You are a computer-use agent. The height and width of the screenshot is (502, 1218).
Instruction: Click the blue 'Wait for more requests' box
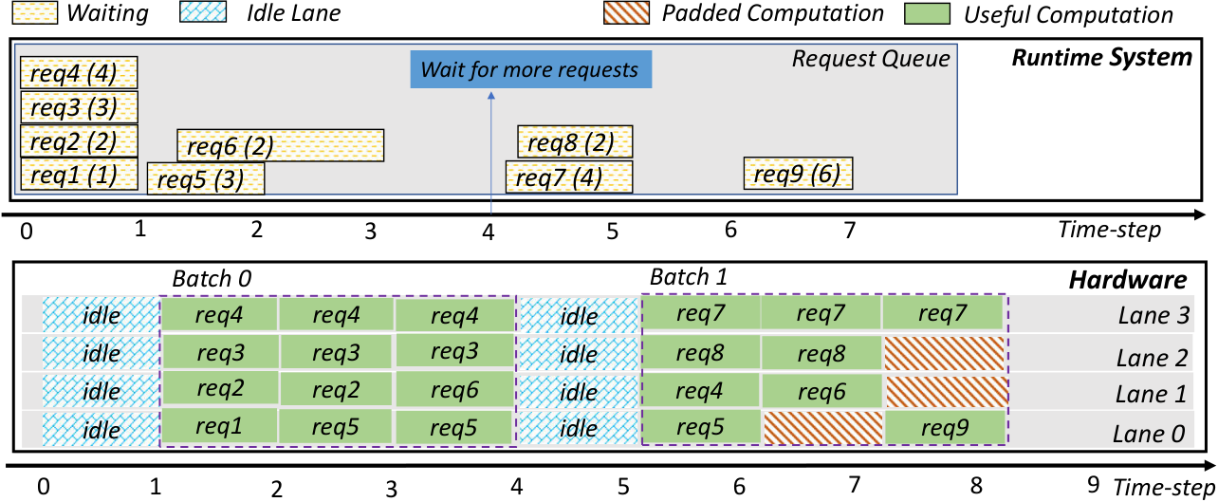(x=530, y=69)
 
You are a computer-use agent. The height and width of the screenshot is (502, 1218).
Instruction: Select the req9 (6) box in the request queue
(x=798, y=174)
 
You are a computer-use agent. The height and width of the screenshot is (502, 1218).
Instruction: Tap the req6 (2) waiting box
(x=280, y=145)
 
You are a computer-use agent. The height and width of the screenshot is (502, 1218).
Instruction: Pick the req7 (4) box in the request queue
(x=569, y=177)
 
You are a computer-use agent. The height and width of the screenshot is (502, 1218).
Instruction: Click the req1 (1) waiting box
(x=79, y=175)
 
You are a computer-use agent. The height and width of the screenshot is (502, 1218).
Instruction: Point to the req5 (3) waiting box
(x=206, y=178)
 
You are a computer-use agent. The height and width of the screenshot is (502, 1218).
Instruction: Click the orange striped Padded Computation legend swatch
(x=626, y=13)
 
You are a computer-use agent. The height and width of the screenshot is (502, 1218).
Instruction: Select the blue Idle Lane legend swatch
(x=203, y=12)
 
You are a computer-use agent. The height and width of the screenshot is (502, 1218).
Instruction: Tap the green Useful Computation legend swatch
(x=927, y=13)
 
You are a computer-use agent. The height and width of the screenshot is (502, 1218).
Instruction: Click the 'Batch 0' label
(x=212, y=279)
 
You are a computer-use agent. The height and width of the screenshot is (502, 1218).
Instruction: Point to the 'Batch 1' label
(x=689, y=277)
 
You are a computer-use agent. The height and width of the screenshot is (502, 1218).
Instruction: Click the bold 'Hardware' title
(x=1128, y=280)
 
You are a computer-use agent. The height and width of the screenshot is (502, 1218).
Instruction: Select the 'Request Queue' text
(x=871, y=59)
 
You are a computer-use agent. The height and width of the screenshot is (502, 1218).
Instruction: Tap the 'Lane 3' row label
(x=1153, y=315)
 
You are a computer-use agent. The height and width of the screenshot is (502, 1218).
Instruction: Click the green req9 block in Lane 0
(x=945, y=427)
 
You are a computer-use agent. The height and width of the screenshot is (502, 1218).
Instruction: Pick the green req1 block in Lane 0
(x=219, y=426)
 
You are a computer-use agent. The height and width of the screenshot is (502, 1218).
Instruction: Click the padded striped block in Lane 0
(x=822, y=428)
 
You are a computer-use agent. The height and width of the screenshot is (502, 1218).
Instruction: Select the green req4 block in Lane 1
(x=700, y=391)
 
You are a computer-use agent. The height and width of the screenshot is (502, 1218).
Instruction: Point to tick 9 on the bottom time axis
(x=1094, y=484)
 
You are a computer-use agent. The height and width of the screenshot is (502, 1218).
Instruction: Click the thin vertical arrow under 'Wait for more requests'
(x=491, y=154)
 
